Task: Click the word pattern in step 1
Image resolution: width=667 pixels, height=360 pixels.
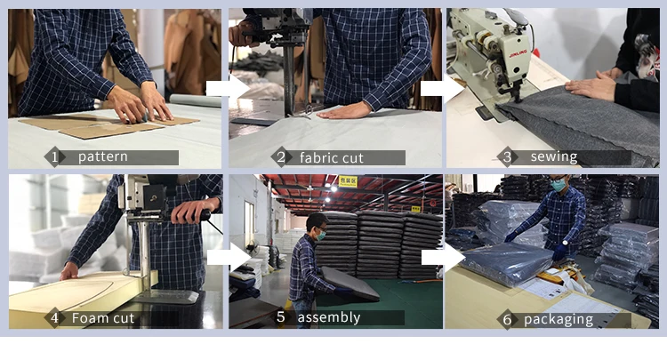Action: tap(103, 156)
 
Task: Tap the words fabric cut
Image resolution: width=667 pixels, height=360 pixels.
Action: tap(332, 158)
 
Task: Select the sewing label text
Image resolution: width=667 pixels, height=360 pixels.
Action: tap(554, 156)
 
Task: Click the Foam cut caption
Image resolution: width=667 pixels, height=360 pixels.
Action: tap(103, 318)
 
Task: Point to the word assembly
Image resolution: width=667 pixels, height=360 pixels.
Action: tap(329, 317)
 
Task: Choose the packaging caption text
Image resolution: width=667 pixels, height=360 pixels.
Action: tap(559, 320)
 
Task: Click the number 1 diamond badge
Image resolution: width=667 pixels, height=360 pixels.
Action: tap(54, 157)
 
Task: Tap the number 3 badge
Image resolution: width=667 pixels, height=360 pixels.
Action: tap(507, 157)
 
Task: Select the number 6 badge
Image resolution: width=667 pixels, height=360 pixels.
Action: tap(507, 320)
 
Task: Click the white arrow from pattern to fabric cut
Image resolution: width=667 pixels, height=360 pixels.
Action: tap(228, 88)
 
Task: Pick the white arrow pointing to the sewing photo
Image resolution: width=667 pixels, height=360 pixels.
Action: tap(442, 88)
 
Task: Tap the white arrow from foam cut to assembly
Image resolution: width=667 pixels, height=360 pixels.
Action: tap(229, 257)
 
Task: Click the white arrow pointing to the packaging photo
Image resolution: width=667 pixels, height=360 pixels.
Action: tap(443, 257)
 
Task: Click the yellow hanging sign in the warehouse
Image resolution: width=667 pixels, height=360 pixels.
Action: tap(348, 181)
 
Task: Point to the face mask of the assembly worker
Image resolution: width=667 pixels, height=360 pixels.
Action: tap(321, 235)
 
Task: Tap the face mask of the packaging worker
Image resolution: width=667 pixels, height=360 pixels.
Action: tap(558, 185)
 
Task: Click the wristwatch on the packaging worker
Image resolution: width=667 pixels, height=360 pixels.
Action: tap(565, 244)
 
